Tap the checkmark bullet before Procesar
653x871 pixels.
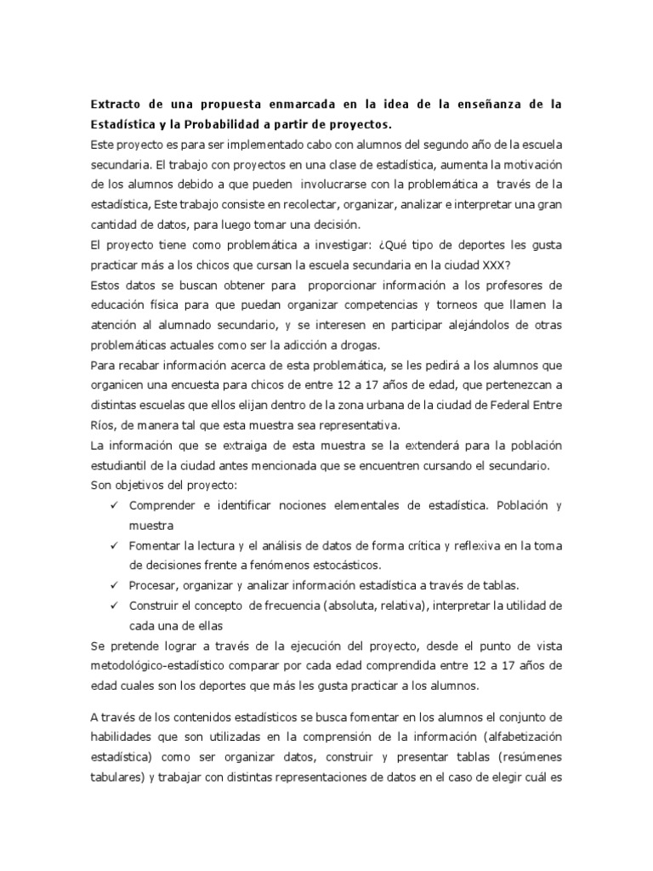point(115,585)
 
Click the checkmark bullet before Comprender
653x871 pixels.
point(115,506)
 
